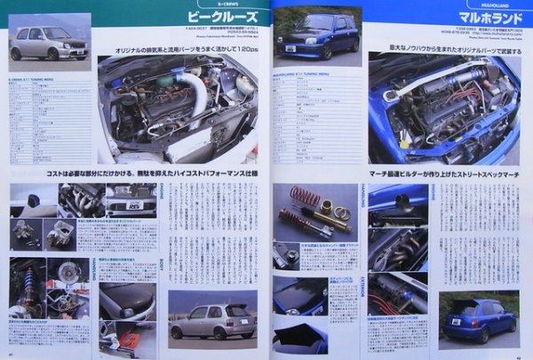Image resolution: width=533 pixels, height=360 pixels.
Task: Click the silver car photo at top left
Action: tap(50, 40)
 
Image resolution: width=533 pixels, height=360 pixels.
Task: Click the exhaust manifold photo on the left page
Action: tap(81, 200)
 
